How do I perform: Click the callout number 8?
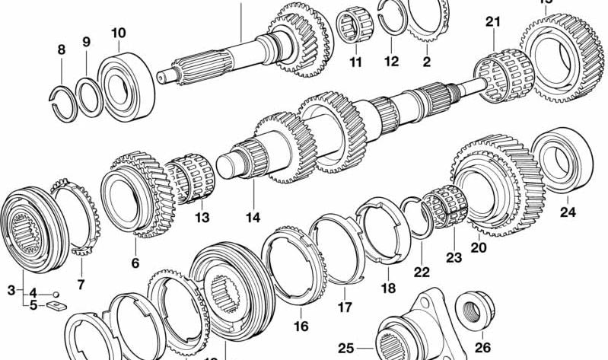coord(62,50)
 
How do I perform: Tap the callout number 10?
coord(118,33)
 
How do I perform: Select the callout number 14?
coord(253,218)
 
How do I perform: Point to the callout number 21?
coord(493,22)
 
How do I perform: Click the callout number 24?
coord(568,212)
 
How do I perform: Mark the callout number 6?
coord(135,263)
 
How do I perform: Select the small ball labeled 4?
coord(56,293)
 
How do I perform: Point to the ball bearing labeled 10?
coord(124,87)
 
